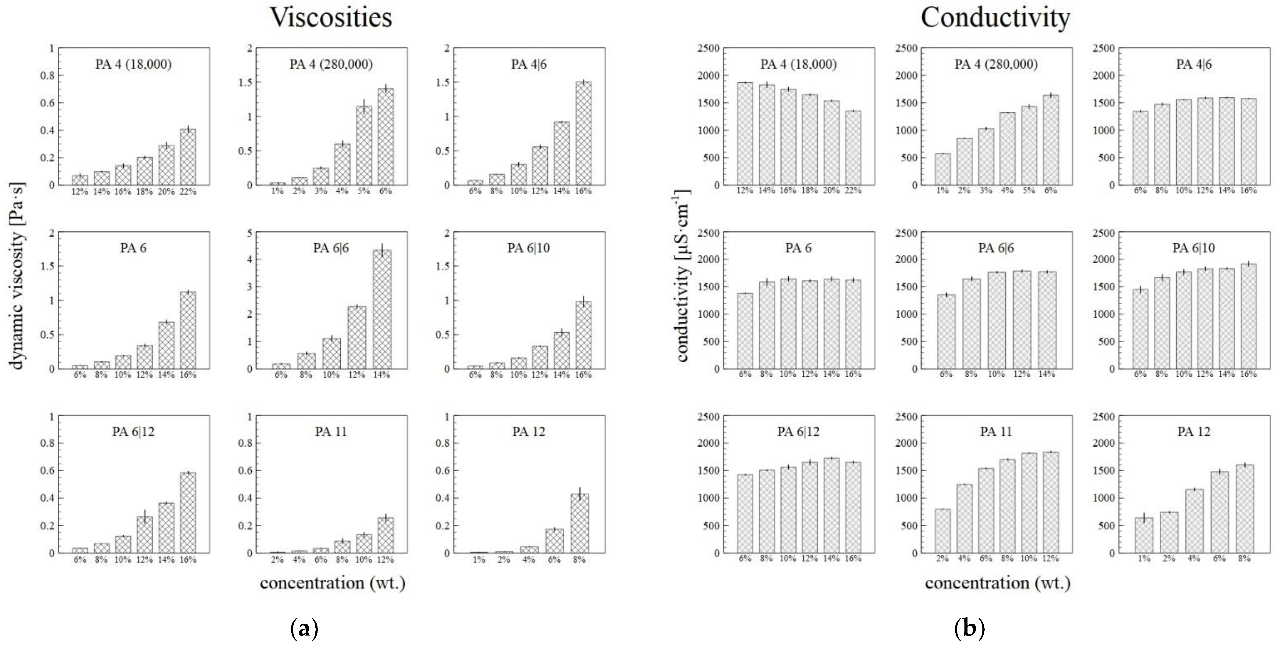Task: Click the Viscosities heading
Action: [x=331, y=18]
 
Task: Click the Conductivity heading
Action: [x=995, y=18]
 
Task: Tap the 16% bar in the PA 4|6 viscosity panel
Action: [x=583, y=134]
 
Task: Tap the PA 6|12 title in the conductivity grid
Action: [x=798, y=432]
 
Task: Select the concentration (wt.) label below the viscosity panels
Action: [x=332, y=583]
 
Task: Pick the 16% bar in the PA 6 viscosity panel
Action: [x=188, y=330]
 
